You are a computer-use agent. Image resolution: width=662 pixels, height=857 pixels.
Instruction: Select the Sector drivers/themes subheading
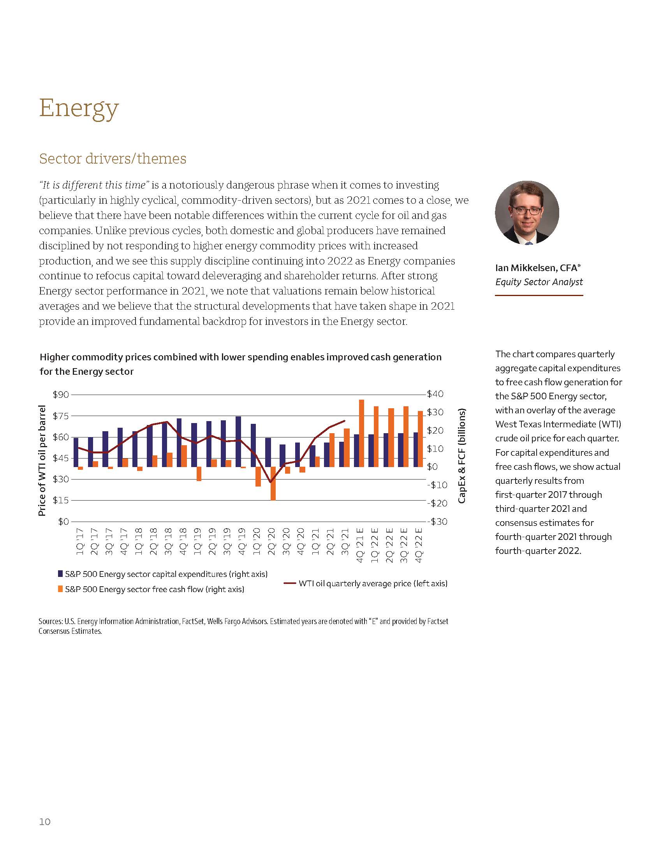pos(113,159)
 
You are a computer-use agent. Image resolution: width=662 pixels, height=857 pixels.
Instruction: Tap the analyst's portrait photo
pos(527,213)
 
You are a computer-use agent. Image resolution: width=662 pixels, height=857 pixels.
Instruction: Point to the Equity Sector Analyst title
pos(539,282)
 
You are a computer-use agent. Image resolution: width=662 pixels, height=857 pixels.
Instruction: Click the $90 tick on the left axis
pos(61,394)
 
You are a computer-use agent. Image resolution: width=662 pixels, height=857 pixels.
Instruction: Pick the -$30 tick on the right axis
pos(437,522)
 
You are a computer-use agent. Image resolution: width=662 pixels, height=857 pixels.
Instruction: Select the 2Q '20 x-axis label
pos(271,541)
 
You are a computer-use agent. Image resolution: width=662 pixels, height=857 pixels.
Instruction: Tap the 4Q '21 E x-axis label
pos(360,545)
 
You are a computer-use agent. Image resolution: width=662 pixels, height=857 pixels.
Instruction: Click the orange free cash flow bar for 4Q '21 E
pos(362,433)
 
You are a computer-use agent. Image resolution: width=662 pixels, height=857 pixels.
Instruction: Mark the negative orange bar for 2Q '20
pos(273,483)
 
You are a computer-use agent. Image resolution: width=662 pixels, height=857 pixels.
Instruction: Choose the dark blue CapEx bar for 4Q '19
pos(238,441)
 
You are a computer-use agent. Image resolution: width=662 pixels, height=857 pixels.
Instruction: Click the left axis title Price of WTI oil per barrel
pos(42,461)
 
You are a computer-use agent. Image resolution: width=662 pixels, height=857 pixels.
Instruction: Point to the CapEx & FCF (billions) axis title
pos(462,456)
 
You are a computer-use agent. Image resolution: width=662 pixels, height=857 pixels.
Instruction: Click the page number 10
pos(45,822)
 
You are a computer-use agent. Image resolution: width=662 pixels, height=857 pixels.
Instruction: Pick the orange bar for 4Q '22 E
pos(421,439)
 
